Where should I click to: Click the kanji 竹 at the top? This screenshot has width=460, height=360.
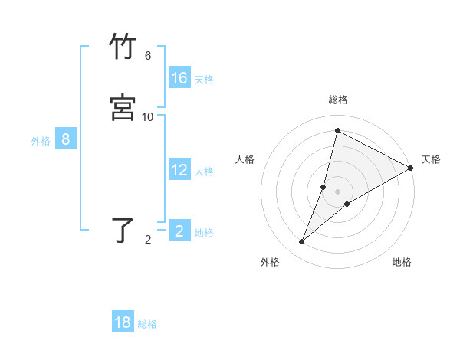123,47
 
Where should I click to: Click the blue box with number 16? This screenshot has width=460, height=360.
179,78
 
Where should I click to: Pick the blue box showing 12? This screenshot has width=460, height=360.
179,170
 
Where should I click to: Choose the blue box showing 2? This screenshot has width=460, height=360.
179,231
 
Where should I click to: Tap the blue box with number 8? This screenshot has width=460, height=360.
66,139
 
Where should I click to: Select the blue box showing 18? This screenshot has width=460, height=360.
123,322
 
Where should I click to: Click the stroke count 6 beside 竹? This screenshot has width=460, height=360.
148,56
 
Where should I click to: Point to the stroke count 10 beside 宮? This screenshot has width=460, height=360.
148,117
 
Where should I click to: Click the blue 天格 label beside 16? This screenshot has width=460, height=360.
204,80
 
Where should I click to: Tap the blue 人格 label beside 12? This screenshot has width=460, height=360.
204,172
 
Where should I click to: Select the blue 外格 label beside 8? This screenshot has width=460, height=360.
41,141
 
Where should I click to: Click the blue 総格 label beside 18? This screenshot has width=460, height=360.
147,324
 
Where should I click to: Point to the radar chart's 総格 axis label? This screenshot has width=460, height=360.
338,100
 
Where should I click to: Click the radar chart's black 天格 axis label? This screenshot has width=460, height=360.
431,159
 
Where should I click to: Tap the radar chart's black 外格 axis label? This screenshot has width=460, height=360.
270,262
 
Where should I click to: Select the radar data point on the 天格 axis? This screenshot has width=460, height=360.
410,169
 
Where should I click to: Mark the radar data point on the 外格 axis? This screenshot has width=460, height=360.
302,242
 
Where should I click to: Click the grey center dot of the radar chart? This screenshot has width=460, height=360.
338,191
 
